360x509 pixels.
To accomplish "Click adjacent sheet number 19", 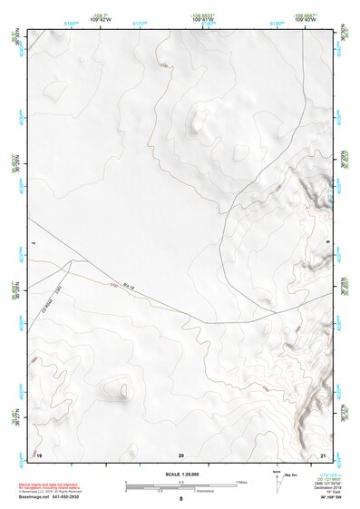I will [x=40, y=454].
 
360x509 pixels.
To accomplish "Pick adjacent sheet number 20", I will [x=181, y=454].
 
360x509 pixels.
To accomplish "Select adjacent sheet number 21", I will [x=324, y=454].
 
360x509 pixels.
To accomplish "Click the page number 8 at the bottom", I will [x=181, y=499].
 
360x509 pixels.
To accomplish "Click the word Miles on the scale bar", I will [x=240, y=482].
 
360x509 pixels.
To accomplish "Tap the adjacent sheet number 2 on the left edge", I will [x=33, y=243].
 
